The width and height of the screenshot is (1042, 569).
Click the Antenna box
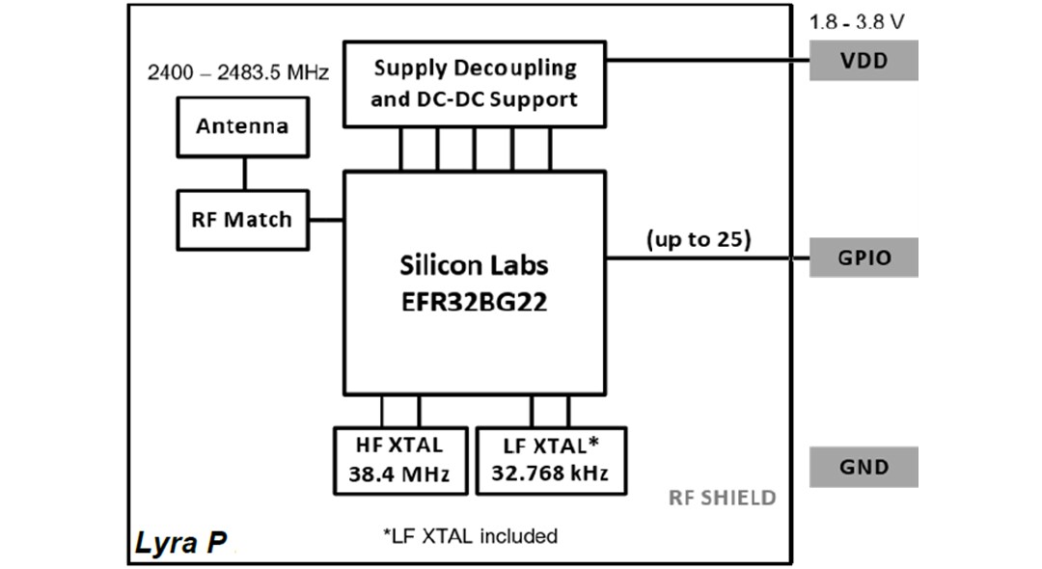(x=242, y=126)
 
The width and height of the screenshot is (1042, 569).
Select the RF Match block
(x=242, y=220)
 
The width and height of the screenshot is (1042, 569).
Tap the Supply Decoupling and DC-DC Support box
(x=475, y=84)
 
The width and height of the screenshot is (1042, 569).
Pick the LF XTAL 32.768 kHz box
(x=551, y=460)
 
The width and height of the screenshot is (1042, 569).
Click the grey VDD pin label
(x=864, y=61)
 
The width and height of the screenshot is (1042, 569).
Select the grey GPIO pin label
(x=864, y=257)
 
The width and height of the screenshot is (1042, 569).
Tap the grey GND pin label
(x=864, y=467)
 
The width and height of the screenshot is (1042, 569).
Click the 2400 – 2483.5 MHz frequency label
(x=238, y=72)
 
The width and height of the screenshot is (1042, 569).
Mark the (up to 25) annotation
(x=698, y=239)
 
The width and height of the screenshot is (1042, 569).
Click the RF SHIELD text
(x=722, y=498)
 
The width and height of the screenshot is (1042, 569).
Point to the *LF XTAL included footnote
(x=470, y=535)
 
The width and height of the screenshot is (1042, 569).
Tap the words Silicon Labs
(x=474, y=265)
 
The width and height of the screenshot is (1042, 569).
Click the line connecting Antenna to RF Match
(x=243, y=173)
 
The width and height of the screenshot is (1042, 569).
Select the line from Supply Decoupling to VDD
(x=706, y=61)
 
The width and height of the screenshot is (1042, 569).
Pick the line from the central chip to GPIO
(x=706, y=258)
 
